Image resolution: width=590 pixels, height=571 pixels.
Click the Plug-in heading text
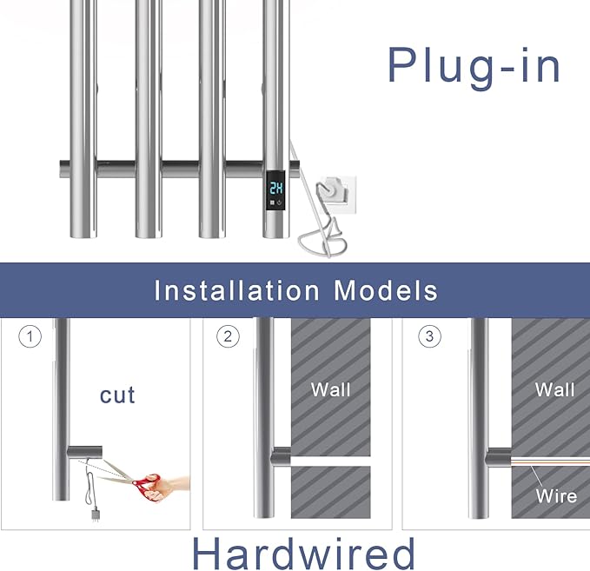474,67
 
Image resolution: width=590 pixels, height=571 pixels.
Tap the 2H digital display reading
276,188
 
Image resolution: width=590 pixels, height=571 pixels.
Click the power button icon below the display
279,203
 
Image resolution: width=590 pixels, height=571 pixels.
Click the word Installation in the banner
237,290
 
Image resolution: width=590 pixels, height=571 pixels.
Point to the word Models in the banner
386,290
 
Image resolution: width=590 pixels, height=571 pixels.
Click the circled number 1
30,336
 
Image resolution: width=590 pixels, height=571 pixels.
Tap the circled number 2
228,336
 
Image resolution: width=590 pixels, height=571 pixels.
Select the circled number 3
430,336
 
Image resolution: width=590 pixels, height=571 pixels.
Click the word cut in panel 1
117,395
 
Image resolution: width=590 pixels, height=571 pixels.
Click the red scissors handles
146,486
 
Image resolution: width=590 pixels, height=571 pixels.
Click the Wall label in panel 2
331,389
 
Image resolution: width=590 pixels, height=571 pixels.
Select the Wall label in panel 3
555,389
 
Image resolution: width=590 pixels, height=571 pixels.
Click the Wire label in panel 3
556,496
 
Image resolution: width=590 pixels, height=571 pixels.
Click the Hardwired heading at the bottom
303,554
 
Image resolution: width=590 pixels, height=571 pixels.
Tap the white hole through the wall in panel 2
330,461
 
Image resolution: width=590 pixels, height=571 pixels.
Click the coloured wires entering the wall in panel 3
550,461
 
